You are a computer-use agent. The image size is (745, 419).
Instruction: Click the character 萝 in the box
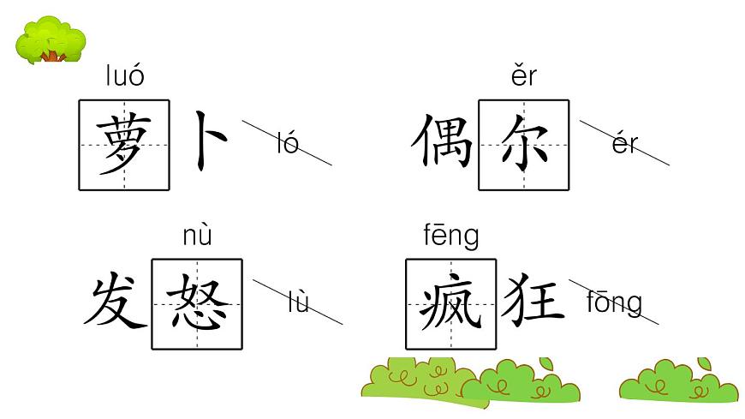point(124,145)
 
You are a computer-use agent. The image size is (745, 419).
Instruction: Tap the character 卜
point(209,140)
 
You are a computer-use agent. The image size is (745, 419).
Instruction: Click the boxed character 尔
point(523,145)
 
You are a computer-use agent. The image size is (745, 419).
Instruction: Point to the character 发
point(114,303)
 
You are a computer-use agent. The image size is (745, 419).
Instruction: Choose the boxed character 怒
point(197,303)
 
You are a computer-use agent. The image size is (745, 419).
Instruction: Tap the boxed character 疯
point(450,303)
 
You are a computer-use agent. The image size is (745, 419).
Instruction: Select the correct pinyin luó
point(125,77)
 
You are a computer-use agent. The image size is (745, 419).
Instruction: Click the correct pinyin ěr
point(522,77)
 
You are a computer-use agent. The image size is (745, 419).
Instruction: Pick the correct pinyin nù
point(197,236)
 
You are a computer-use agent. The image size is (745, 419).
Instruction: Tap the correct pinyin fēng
point(451,236)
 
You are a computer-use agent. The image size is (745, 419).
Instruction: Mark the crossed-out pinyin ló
point(288,143)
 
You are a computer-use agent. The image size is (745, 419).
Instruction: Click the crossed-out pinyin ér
point(625,143)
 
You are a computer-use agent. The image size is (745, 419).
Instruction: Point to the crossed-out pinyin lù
point(298,302)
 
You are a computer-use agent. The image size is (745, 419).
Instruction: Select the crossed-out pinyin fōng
point(615,302)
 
